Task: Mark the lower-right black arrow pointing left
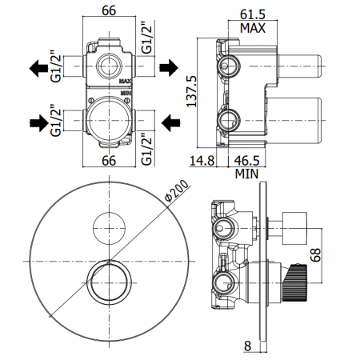[170, 122]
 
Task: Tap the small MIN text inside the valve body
[125, 93]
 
